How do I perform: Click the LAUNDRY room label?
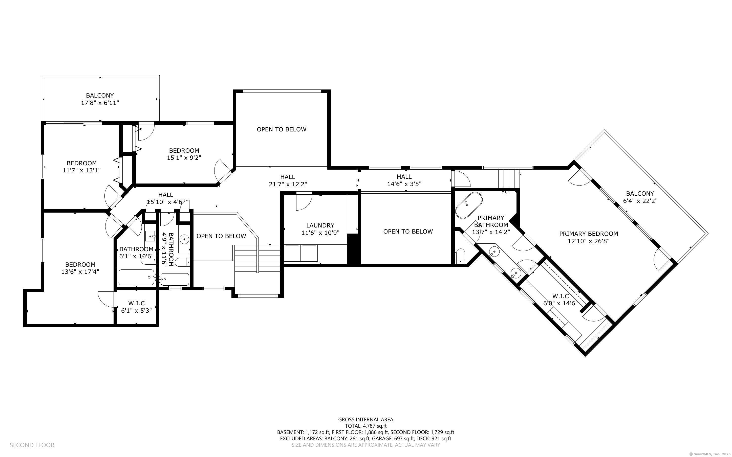click(x=320, y=225)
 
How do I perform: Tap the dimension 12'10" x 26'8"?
click(x=588, y=241)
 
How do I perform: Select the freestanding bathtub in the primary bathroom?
click(x=469, y=205)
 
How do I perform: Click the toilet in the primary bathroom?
click(x=461, y=255)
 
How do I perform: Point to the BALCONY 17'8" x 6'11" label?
click(x=100, y=99)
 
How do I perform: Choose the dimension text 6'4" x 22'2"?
click(x=640, y=201)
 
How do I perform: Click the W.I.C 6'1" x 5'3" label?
click(x=136, y=307)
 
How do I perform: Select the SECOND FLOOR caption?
click(x=32, y=445)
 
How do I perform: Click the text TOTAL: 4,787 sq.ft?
click(x=365, y=426)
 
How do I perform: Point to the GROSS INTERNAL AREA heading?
click(x=365, y=420)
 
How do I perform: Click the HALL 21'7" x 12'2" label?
click(x=288, y=180)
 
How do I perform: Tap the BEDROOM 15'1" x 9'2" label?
click(x=184, y=154)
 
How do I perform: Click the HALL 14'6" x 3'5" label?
click(x=404, y=180)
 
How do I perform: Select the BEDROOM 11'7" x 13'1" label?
click(x=82, y=167)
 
